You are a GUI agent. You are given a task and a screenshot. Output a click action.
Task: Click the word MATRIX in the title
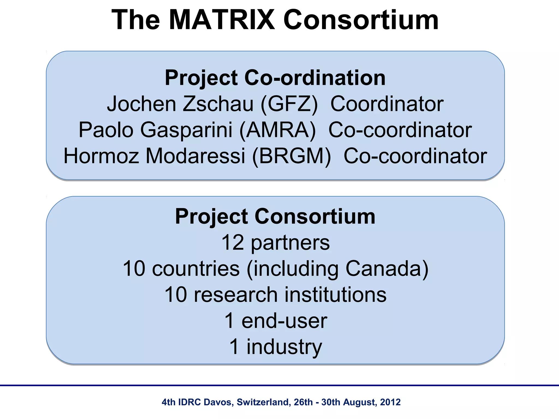222,20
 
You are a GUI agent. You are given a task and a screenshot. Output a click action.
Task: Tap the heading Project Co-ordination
275,78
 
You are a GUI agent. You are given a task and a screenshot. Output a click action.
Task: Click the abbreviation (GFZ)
289,104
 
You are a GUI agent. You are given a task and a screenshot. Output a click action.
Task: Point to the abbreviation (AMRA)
278,130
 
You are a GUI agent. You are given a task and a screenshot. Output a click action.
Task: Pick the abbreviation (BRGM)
291,156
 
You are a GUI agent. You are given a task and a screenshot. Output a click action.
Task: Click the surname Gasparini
186,130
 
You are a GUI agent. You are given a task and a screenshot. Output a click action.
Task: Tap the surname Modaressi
195,156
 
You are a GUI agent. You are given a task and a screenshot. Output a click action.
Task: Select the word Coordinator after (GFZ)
387,104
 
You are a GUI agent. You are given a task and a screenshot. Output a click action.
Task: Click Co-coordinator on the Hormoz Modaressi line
415,156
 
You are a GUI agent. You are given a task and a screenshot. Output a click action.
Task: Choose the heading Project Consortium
275,216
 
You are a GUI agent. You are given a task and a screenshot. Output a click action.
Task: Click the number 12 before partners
232,243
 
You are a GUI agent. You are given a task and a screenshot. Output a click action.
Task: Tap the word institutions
335,295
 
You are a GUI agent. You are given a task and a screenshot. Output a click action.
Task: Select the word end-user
284,321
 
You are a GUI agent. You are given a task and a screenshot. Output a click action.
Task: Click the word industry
284,347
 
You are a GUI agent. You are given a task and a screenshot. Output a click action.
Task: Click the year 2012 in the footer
390,402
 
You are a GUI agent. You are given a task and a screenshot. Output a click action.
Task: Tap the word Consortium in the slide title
361,20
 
